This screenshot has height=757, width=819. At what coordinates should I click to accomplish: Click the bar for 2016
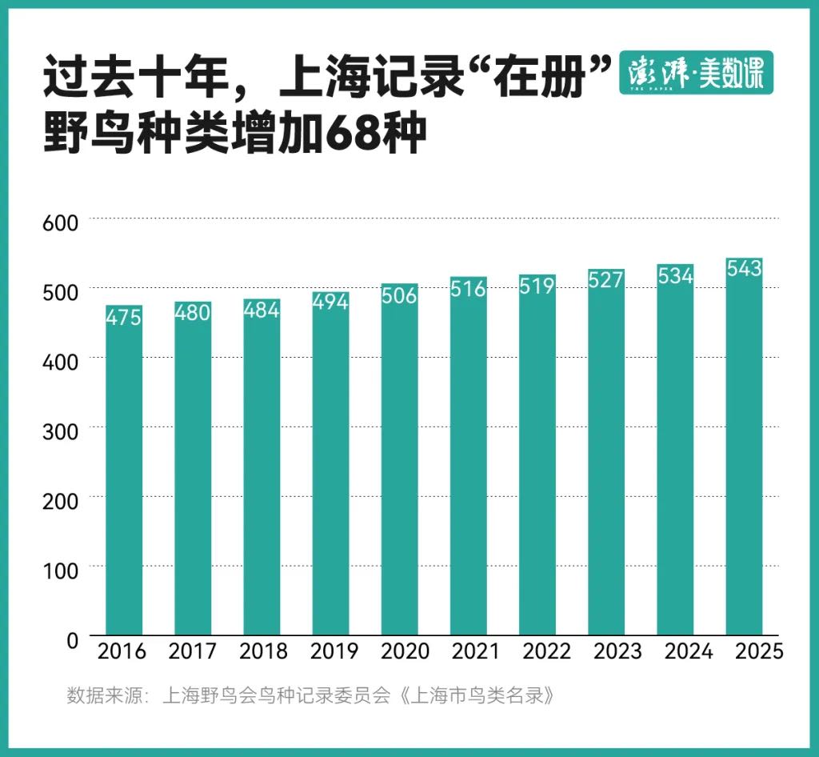pos(124,471)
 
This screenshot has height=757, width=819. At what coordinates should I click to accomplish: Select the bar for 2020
pos(400,459)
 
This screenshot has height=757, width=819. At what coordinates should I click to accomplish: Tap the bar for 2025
pos(745,447)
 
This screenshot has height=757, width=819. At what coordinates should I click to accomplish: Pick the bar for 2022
pos(537,455)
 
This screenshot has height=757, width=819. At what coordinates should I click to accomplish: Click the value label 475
pos(124,317)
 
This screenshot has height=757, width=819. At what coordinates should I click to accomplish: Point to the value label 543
pos(745,269)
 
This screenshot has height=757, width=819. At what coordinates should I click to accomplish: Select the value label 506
pos(400,296)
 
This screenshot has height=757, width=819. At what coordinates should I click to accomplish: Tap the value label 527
pos(606,280)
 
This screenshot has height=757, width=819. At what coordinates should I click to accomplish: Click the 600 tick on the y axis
pos(60,223)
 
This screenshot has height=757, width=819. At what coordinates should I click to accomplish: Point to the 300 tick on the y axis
pos(60,431)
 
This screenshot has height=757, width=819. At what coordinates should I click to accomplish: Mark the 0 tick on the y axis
pos(73,640)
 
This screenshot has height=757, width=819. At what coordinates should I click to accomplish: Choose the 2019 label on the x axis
pos(334,651)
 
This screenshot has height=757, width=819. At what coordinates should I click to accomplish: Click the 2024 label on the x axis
pos(689,651)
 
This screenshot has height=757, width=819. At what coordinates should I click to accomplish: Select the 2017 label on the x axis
pos(192,651)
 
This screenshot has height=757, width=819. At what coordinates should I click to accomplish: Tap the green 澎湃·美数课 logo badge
pos(697,73)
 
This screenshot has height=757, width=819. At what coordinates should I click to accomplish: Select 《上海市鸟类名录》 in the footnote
pos(476,696)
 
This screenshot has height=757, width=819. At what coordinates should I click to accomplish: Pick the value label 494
pos(330,302)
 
